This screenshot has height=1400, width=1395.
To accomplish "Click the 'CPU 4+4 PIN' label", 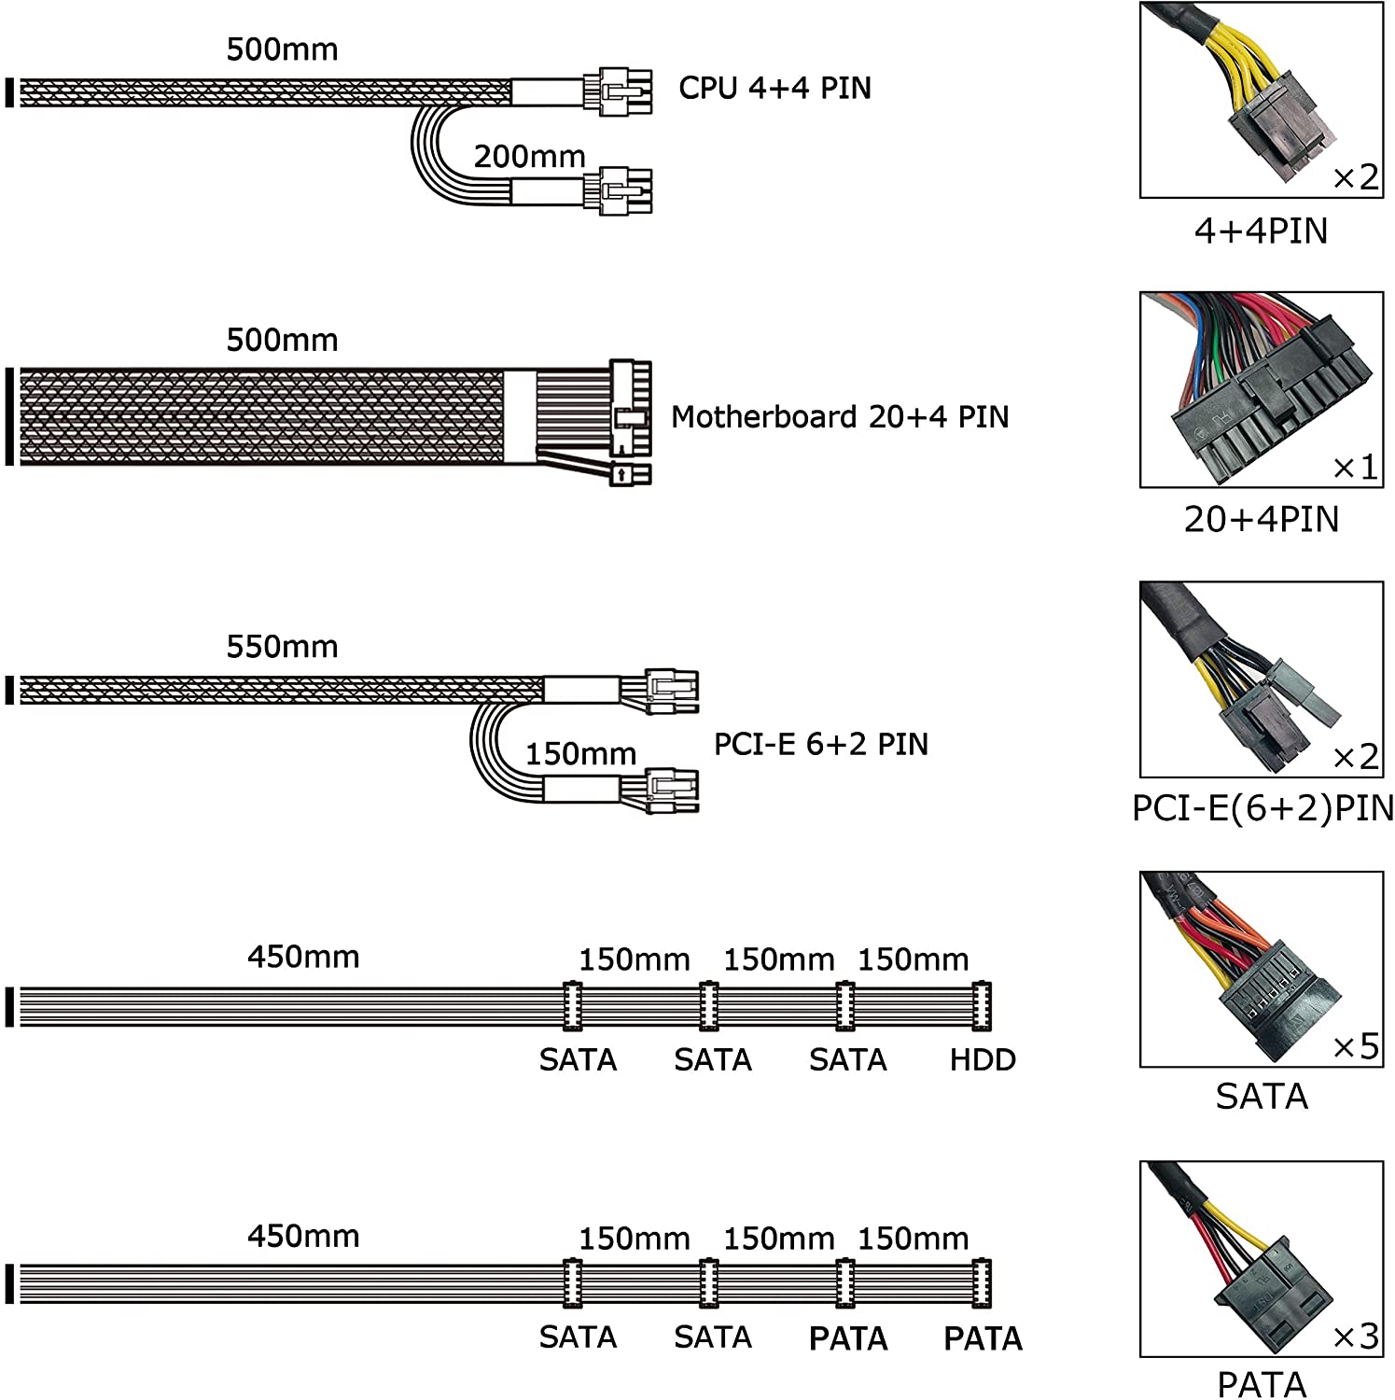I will [x=774, y=88].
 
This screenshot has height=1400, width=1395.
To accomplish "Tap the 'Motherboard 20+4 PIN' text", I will [x=840, y=416].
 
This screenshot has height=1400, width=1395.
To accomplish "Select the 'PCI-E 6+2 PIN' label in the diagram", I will [x=821, y=744].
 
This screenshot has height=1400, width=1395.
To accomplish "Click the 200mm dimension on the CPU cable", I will [x=529, y=156].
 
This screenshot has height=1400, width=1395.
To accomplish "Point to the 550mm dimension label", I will [x=282, y=646].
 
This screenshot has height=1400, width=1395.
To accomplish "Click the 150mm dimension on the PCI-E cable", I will [x=580, y=753].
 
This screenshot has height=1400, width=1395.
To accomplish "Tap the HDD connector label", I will [x=983, y=1059].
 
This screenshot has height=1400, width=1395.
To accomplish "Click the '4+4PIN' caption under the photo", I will [x=1261, y=231].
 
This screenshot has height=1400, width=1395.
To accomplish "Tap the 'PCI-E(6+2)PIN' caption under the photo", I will [x=1262, y=808].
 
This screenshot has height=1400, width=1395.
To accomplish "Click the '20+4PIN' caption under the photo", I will [x=1261, y=519].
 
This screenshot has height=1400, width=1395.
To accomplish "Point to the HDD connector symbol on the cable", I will [x=981, y=1006].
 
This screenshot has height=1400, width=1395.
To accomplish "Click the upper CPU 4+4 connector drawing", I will [x=618, y=91].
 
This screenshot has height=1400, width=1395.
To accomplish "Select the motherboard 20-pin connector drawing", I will [x=630, y=405].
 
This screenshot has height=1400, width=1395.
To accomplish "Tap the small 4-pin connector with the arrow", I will [x=630, y=474].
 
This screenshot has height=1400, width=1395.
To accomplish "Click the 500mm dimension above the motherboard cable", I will [x=282, y=340].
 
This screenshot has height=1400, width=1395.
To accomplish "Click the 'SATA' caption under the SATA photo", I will [x=1262, y=1096].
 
